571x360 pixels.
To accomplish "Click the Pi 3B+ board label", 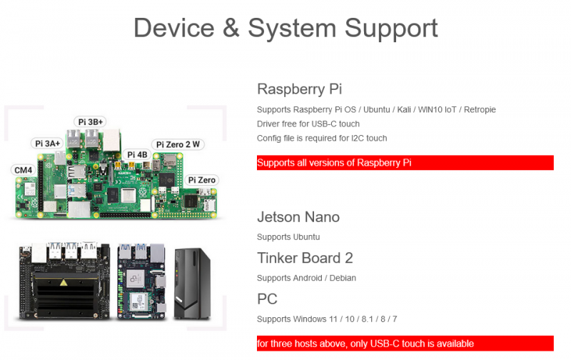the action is click(91, 121).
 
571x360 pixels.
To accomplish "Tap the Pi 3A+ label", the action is click(47, 144).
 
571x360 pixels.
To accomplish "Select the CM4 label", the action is click(24, 170).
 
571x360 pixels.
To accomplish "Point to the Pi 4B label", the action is click(137, 155).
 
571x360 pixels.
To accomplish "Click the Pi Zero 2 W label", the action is click(178, 145).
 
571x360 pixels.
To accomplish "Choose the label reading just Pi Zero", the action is click(202, 180).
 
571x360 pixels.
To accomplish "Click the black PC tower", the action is click(192, 284).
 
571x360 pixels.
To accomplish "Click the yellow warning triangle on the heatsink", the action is click(64, 282).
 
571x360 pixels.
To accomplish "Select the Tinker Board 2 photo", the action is click(141, 281).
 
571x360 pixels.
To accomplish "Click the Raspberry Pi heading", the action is click(299, 89).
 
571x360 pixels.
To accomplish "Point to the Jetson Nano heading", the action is click(298, 217).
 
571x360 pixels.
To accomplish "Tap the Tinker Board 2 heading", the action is click(305, 258).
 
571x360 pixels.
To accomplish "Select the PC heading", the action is click(267, 299).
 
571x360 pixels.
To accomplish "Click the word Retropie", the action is click(480, 110).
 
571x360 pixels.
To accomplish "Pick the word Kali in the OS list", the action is click(404, 110).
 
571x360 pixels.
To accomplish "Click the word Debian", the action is click(343, 278).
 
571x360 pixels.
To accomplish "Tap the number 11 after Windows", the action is click(333, 319).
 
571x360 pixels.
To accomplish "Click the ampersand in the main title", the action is click(231, 28).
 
